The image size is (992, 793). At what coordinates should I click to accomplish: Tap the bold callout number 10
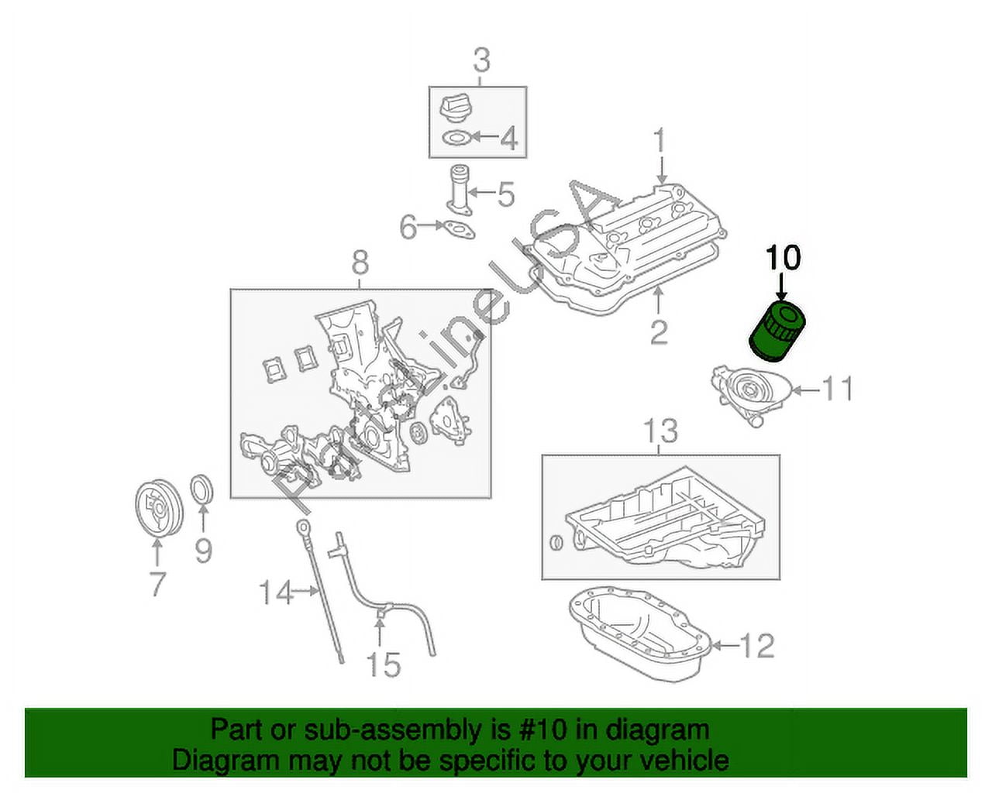point(784,258)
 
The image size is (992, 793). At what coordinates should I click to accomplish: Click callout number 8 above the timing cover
point(360,264)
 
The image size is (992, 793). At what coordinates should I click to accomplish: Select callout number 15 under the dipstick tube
point(384,664)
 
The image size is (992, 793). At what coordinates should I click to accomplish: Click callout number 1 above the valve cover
point(660,140)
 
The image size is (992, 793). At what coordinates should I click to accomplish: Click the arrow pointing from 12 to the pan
point(725,645)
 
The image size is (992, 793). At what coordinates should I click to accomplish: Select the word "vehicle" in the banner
point(680,760)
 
